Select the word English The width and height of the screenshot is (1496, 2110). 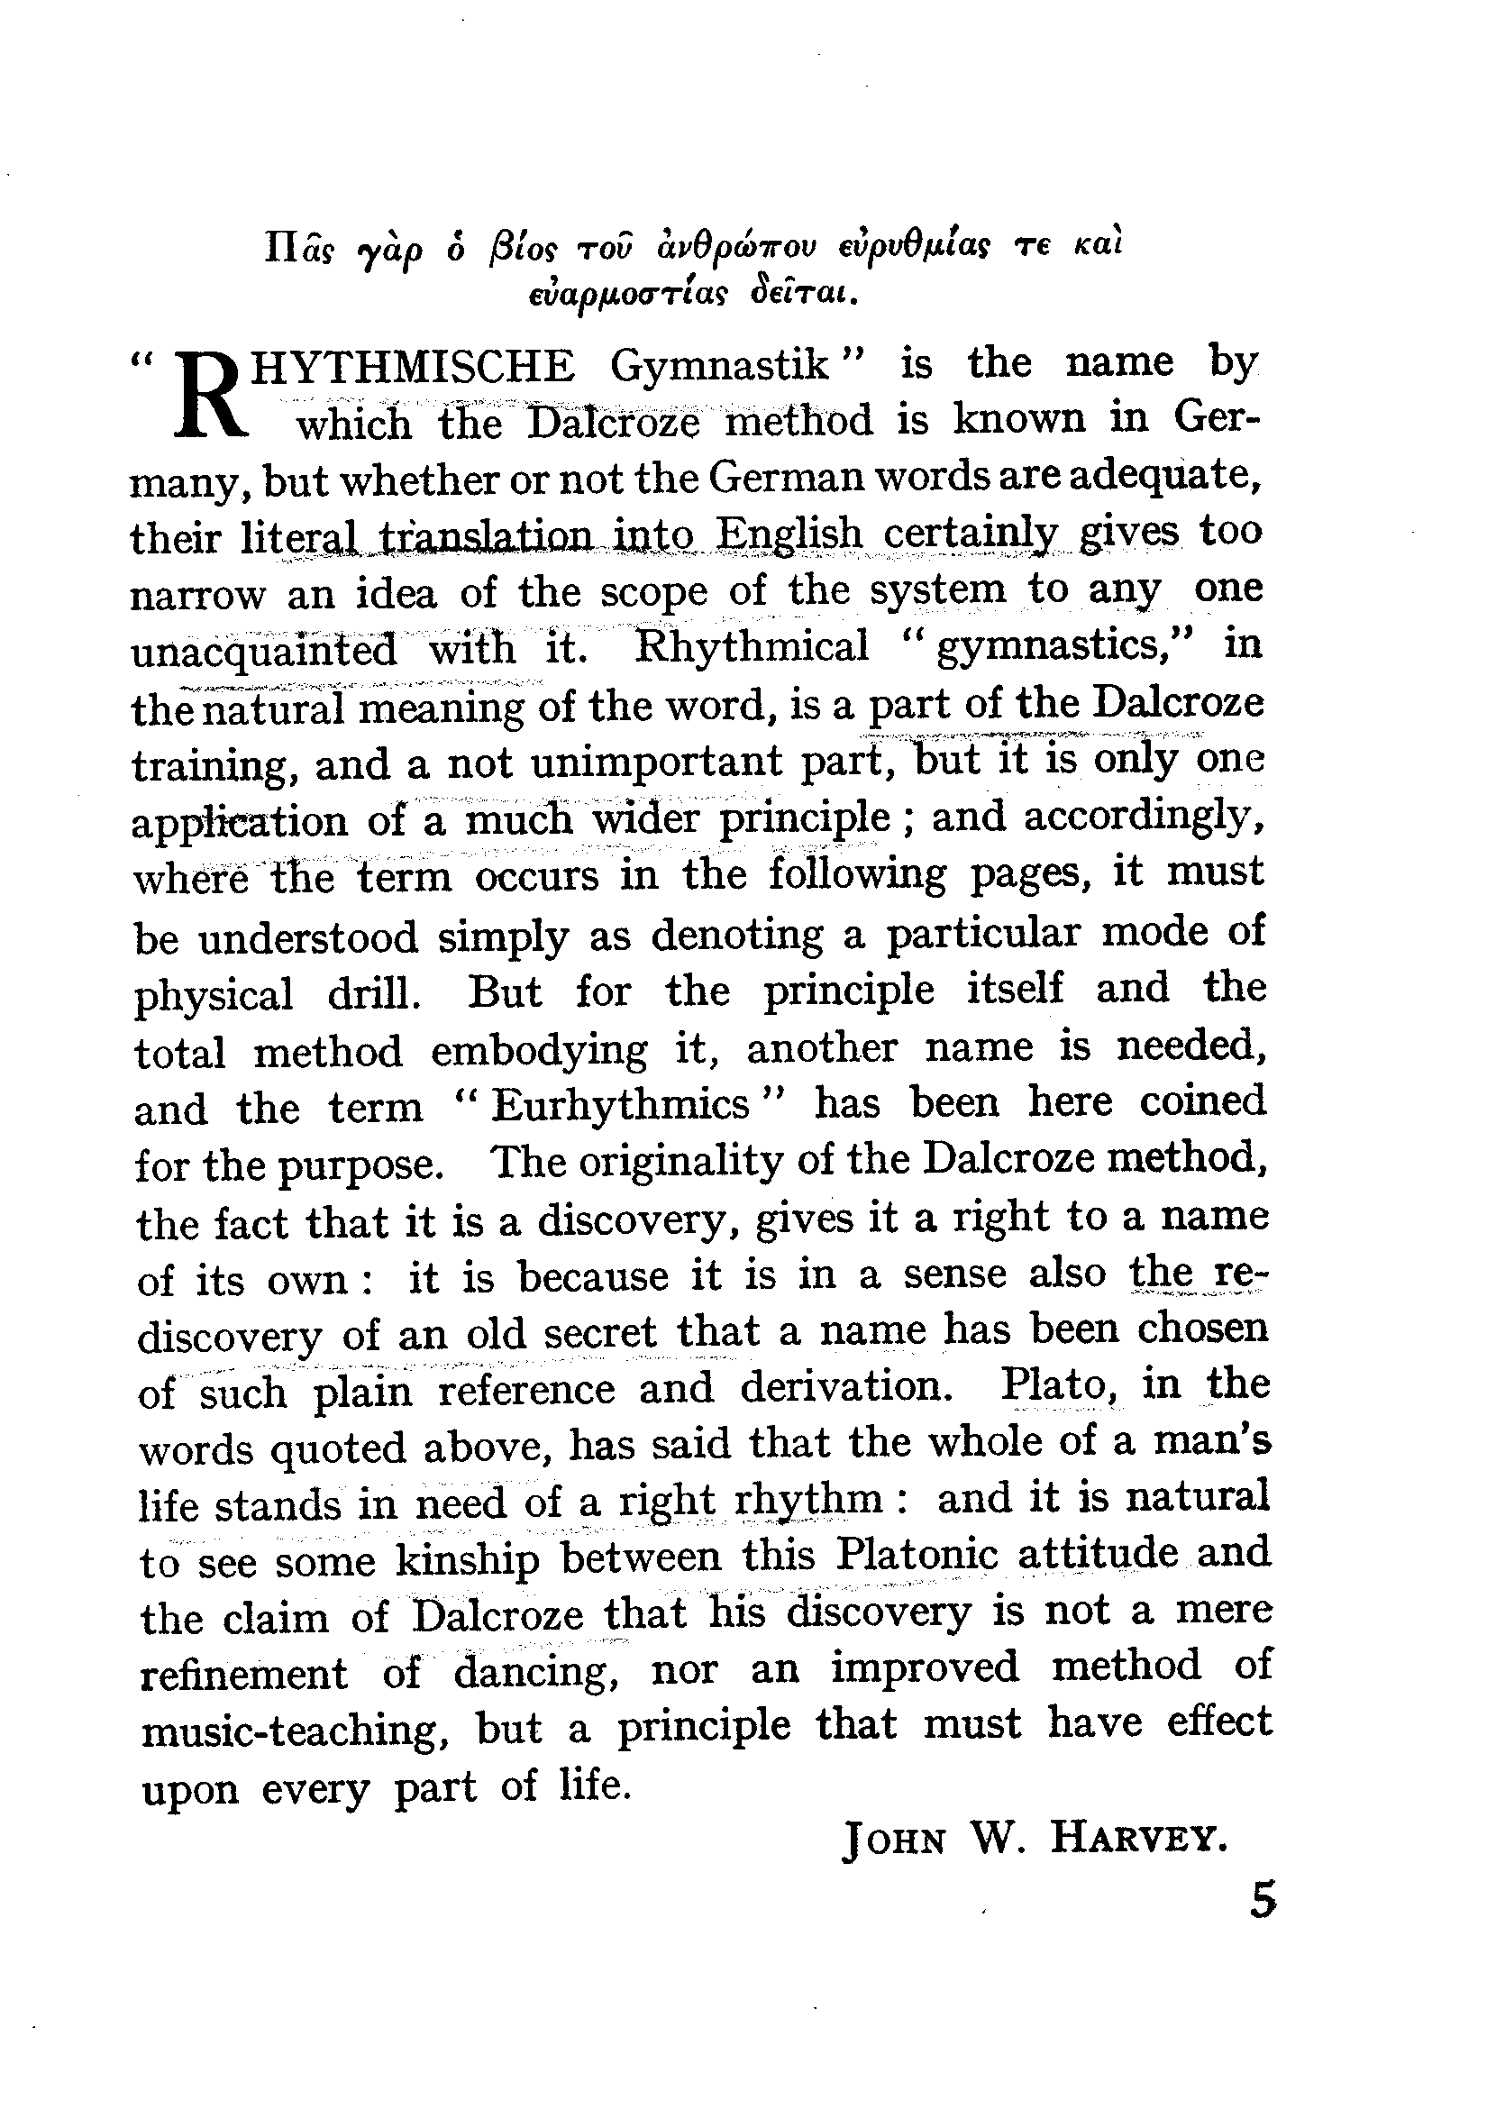789,534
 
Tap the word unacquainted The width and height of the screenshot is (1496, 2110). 264,652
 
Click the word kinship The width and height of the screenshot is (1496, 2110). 467,1559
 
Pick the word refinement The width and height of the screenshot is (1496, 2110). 244,1674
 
